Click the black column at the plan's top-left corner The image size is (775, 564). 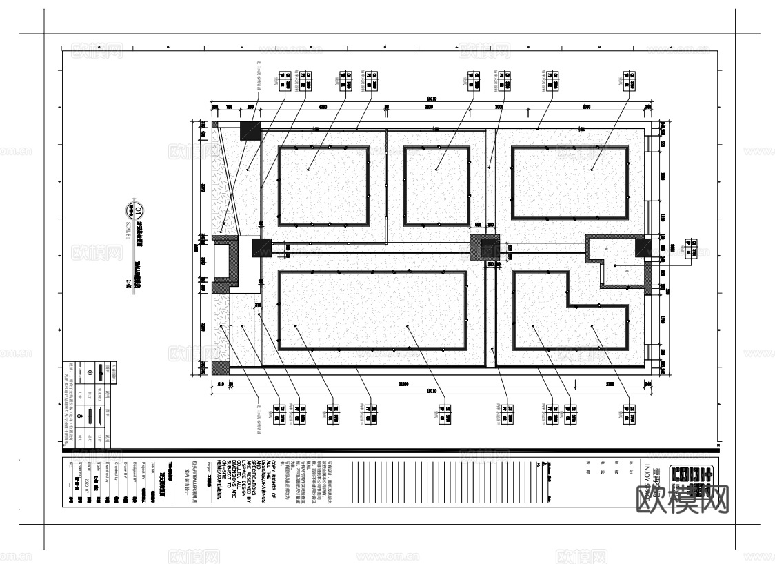(x=250, y=131)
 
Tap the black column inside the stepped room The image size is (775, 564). (x=643, y=248)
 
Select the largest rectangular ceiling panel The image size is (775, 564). (x=372, y=309)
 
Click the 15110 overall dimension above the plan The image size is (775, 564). (x=432, y=99)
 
